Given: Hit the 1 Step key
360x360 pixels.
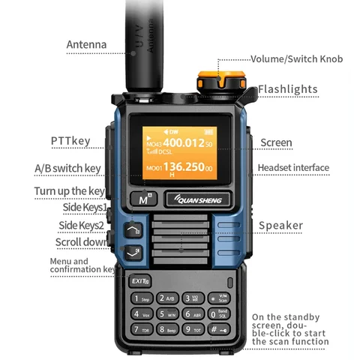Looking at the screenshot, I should (x=142, y=298).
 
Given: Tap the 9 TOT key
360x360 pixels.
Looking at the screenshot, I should (x=193, y=329).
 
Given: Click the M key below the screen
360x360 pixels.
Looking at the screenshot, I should (x=142, y=199).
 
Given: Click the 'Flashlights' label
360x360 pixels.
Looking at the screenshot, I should (x=287, y=90).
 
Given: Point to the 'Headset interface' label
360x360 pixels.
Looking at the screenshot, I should (x=293, y=168).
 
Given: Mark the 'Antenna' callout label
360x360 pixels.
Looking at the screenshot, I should (x=86, y=45).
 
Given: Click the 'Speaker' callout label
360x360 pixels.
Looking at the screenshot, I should (x=280, y=225).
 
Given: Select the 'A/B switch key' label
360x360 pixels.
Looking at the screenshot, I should (x=67, y=168).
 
